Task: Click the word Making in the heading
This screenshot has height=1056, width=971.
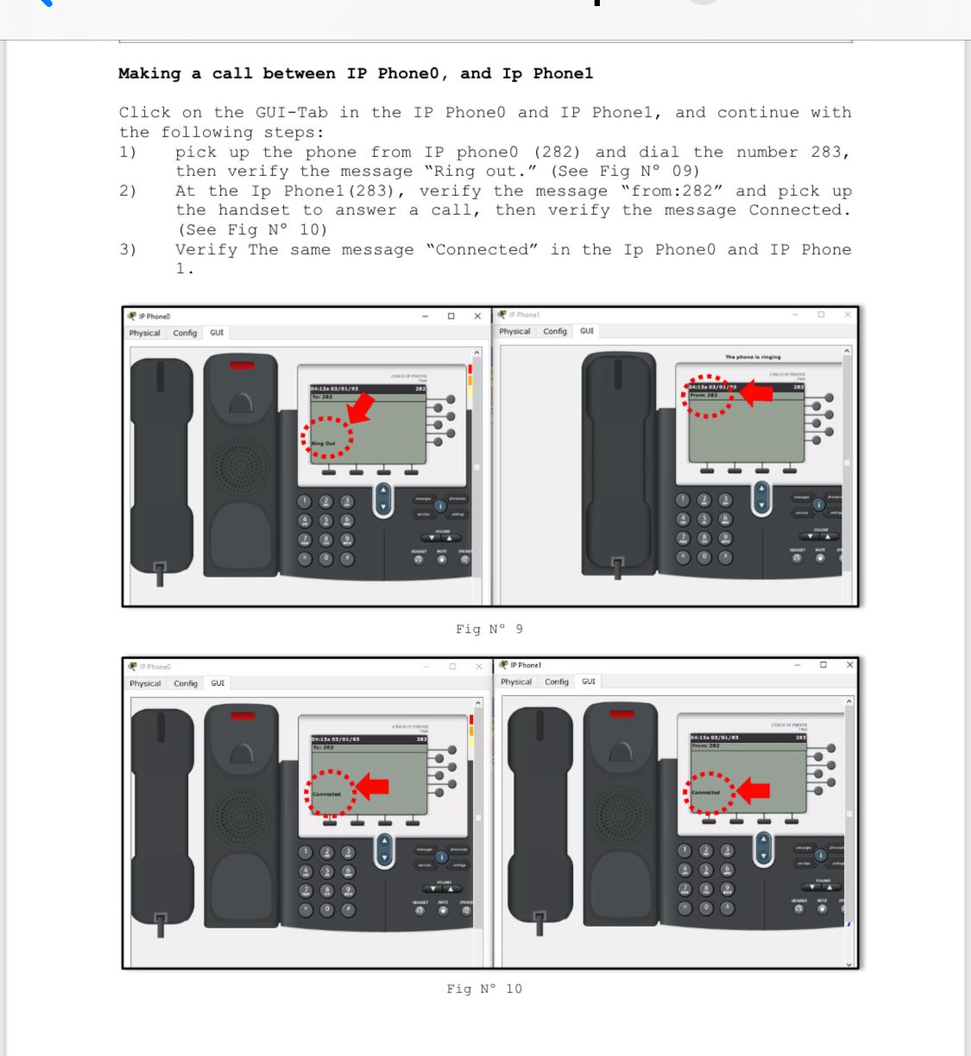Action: pos(149,73)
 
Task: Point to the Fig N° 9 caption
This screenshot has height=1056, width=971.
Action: pos(489,629)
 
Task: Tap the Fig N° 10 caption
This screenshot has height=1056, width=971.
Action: pos(484,989)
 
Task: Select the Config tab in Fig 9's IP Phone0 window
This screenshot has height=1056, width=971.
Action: pos(185,333)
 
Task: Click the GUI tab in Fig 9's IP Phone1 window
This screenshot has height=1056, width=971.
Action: pos(587,331)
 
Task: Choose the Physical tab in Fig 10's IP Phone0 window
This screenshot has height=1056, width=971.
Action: pos(145,683)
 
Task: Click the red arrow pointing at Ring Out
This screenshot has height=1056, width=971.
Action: pos(361,406)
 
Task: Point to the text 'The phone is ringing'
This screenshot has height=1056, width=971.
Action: pos(753,356)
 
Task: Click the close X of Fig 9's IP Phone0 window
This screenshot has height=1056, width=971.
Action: pos(477,316)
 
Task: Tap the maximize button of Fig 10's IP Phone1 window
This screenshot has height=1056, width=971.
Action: pos(823,664)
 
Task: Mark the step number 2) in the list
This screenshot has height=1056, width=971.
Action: pos(128,191)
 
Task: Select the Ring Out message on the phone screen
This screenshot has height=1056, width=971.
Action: pos(324,443)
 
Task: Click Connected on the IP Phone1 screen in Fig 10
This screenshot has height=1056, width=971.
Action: pos(705,792)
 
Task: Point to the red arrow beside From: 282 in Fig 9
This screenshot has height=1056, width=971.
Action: pos(756,393)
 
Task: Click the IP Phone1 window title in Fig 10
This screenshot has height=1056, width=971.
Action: pos(526,665)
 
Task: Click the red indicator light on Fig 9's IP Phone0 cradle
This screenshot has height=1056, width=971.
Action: pos(242,366)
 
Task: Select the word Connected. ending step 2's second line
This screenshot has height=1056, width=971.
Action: pos(799,210)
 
